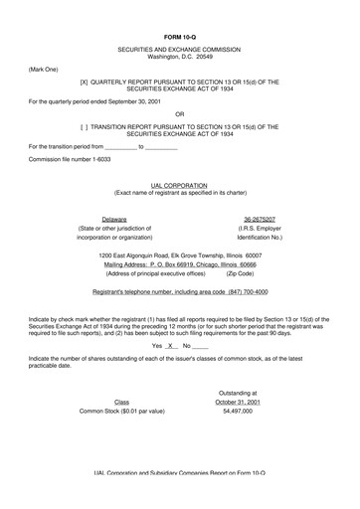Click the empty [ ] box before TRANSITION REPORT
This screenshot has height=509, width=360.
tap(85, 127)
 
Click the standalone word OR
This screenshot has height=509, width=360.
tap(180, 113)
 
